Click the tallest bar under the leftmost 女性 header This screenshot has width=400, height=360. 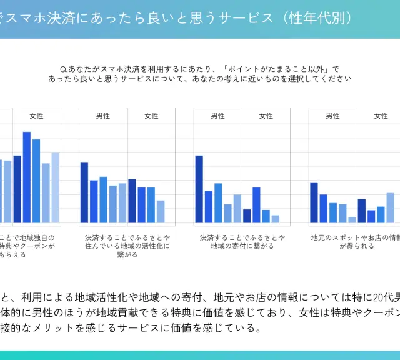pos(27,177)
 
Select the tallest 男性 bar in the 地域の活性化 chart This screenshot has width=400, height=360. pos(84,192)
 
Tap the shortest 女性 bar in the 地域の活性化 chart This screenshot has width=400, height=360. pos(161,212)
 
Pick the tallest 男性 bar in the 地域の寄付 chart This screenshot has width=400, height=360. pos(199,189)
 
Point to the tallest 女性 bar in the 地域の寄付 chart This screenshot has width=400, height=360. pos(256,205)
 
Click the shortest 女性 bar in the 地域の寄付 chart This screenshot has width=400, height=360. pos(276,219)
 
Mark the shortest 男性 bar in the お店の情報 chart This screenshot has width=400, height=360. pos(352,220)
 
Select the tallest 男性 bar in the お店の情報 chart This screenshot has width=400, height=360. pos(314,202)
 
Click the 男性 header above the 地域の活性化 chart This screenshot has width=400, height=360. pos(103,116)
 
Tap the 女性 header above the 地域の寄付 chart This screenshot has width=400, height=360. pos(266,116)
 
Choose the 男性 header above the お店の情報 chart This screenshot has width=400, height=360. pos(332,116)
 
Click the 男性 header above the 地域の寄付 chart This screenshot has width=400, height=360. pos(218,116)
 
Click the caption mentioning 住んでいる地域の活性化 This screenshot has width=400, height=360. pos(127,246)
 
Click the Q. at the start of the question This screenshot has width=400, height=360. pos(63,68)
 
